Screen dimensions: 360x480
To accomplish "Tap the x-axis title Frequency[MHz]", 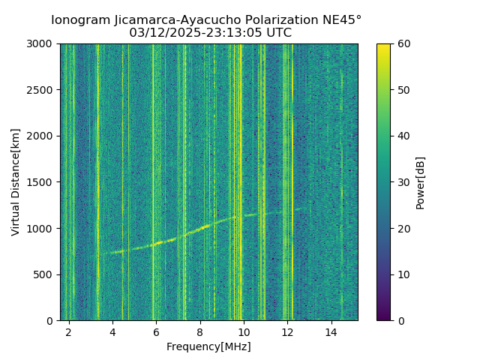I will pyautogui.click(x=208, y=346).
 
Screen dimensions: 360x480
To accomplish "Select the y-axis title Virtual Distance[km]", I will pyautogui.click(x=16, y=182).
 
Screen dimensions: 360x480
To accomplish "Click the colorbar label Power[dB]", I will pyautogui.click(x=420, y=182).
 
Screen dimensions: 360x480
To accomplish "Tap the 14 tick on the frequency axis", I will pyautogui.click(x=331, y=332).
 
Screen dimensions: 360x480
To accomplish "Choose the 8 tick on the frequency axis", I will pyautogui.click(x=200, y=332).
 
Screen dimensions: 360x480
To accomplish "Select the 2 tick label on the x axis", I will pyautogui.click(x=69, y=332).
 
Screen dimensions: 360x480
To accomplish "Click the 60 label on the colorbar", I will pyautogui.click(x=403, y=44).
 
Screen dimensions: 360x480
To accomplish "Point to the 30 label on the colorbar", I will pyautogui.click(x=403, y=182).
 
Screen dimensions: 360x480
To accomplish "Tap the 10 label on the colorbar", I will pyautogui.click(x=403, y=274).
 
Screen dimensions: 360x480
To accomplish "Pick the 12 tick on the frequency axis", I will pyautogui.click(x=287, y=332).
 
